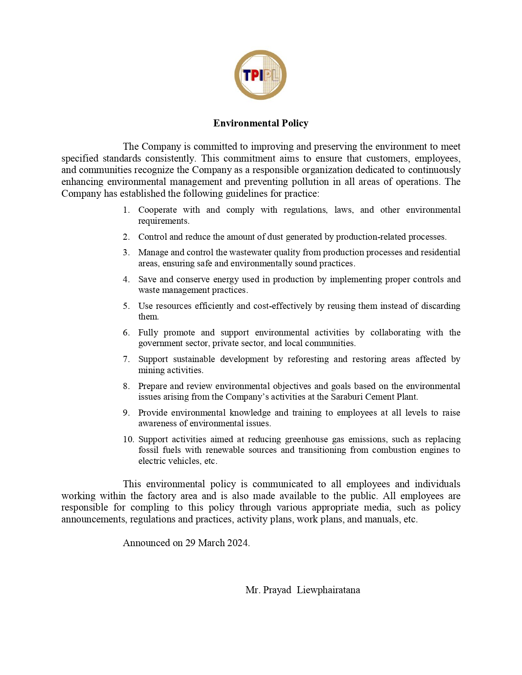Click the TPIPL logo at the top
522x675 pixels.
(x=260, y=75)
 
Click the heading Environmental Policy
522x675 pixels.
(x=260, y=123)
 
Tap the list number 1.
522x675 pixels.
(x=126, y=210)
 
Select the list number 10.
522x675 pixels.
(x=128, y=439)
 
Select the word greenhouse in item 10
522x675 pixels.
(x=306, y=439)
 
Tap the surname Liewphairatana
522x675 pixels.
(x=328, y=590)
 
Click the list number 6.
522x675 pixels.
(x=126, y=333)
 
